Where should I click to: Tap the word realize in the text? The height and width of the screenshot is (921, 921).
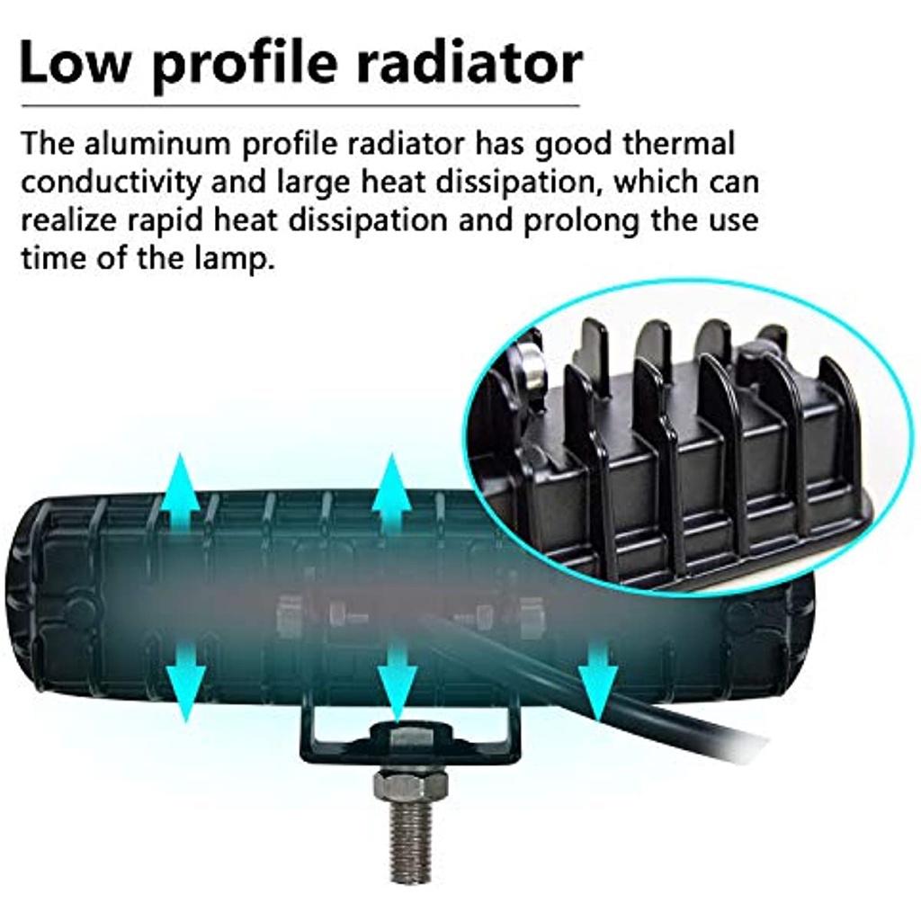pos(70,221)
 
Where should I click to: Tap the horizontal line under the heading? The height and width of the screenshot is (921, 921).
pos(300,106)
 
